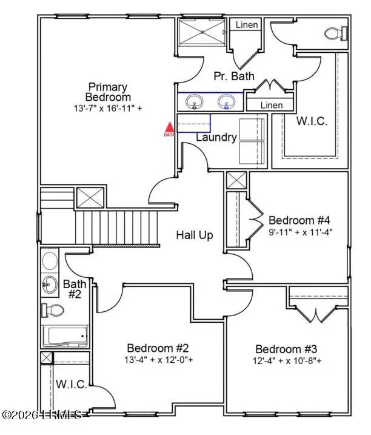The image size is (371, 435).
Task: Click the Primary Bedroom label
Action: click(x=109, y=92)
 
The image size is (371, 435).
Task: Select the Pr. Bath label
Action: click(x=230, y=77)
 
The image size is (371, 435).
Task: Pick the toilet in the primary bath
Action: click(x=336, y=32)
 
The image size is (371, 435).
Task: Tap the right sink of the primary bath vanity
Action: click(x=227, y=102)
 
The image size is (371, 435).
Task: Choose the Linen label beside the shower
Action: click(x=247, y=25)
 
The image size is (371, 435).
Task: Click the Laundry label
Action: click(x=216, y=137)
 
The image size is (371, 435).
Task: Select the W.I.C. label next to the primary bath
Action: click(x=312, y=121)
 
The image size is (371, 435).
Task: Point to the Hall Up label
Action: click(x=195, y=235)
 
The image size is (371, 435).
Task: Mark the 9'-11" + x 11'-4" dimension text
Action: click(x=301, y=232)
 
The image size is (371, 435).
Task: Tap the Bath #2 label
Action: click(x=74, y=289)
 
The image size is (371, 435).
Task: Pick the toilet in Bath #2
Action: click(x=53, y=311)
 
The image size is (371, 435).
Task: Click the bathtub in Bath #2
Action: click(x=65, y=336)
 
